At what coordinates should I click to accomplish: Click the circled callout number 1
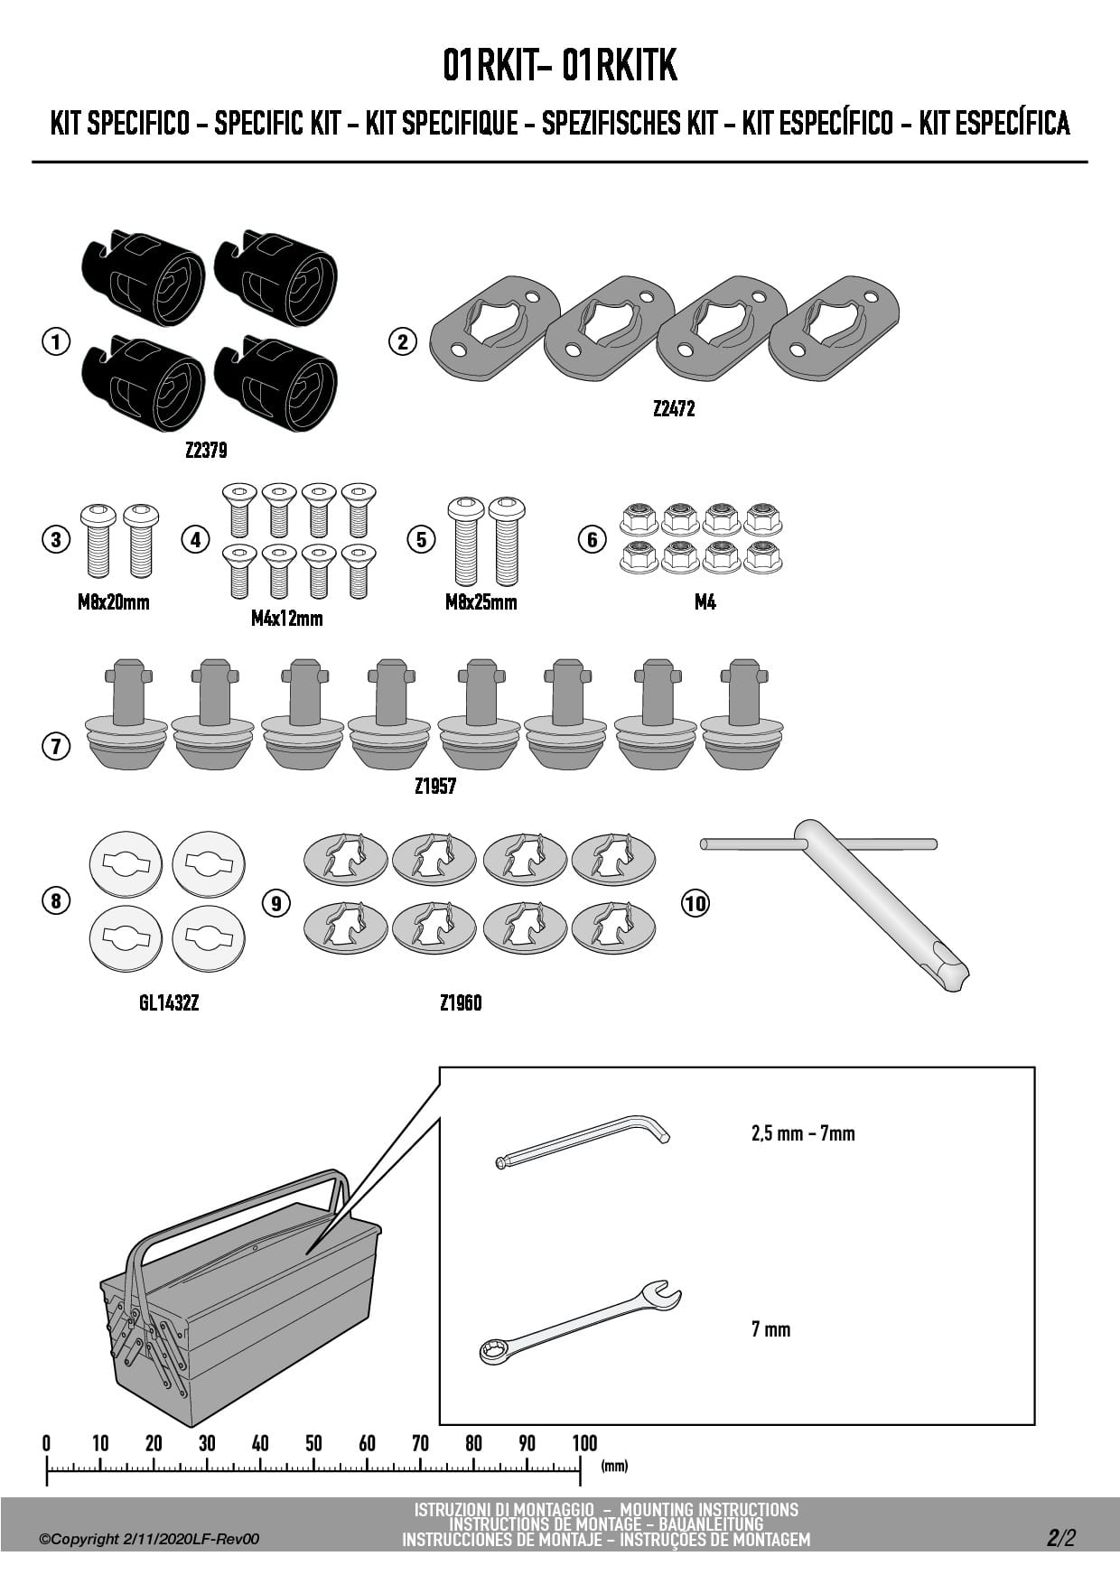pos(56,342)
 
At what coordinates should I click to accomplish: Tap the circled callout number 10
pos(695,902)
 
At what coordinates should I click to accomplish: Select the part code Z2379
pos(206,450)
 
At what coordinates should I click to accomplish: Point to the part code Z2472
pos(674,409)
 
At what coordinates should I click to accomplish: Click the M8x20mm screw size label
pos(114,602)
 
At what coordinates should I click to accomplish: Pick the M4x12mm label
pos(287,619)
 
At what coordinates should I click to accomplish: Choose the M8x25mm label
pos(481,602)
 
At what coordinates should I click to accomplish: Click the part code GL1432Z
pos(169,1003)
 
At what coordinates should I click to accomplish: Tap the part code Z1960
pos(461,1003)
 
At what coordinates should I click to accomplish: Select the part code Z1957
pos(435,787)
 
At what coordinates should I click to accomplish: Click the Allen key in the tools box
pos(583,1142)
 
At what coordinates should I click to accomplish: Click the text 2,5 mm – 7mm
pos(803,1133)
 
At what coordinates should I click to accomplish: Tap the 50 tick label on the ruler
pos(313,1443)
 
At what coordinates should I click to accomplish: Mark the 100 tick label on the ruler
pos(584,1443)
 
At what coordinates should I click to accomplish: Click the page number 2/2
pos(1061,1538)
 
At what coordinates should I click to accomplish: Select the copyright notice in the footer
pos(149,1539)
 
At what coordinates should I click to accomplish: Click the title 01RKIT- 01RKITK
pos(560,66)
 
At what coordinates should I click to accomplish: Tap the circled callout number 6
pos(592,540)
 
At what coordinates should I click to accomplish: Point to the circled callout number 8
pos(56,900)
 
